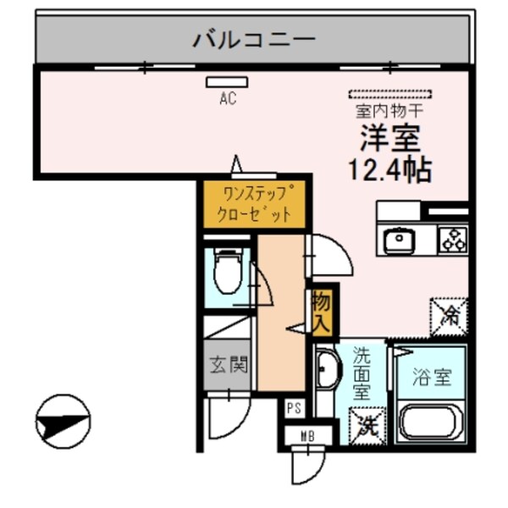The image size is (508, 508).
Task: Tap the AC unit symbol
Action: tap(226, 82)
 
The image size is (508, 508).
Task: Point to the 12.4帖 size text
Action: tap(390, 168)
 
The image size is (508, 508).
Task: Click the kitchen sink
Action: tap(397, 241)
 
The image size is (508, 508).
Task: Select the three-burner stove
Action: tap(452, 240)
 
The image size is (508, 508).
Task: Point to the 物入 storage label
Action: tap(322, 311)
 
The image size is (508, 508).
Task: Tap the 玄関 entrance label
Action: tap(228, 366)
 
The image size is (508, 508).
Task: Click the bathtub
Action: tap(431, 422)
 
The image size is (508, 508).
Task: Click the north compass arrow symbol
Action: tap(63, 421)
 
